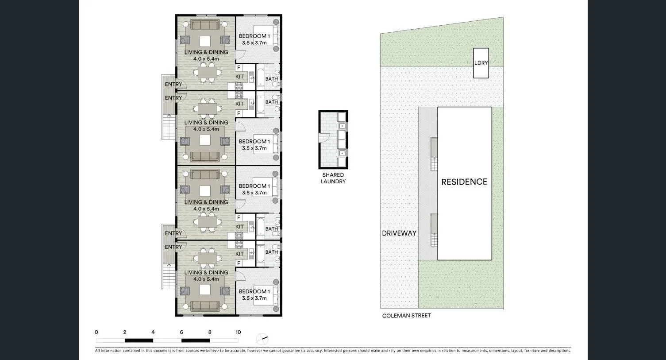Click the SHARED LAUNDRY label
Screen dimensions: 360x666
333,178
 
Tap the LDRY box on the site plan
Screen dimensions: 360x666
481,63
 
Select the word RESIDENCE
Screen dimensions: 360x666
464,182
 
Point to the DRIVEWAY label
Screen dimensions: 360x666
399,233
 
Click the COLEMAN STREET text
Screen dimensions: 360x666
406,315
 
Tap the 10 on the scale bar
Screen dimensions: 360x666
238,332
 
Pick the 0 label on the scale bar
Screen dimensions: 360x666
96,332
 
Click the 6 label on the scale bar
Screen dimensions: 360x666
181,332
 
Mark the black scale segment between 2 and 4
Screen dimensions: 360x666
139,341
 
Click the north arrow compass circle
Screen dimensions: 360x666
262,339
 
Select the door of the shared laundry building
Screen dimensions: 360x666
323,138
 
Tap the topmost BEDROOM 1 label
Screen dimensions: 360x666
254,36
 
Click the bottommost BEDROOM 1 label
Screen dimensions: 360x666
254,291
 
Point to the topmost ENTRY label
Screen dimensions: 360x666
173,84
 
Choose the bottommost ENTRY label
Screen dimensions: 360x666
173,247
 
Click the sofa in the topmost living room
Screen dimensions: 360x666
205,25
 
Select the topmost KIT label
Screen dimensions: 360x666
239,77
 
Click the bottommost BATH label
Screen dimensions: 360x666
272,252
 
